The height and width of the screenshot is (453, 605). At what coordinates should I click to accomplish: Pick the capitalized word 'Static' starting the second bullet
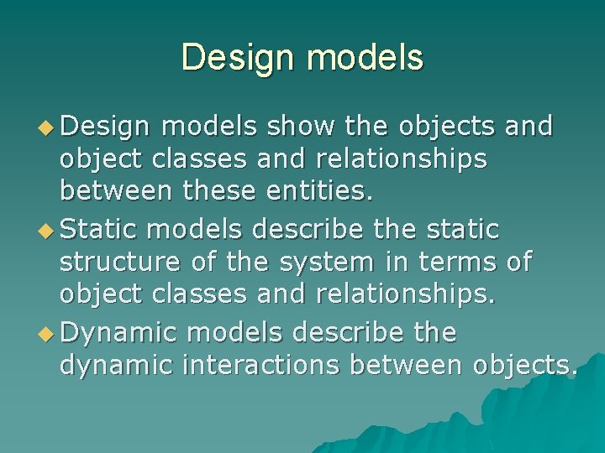pos(106,229)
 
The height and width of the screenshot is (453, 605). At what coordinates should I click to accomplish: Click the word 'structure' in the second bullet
pos(119,263)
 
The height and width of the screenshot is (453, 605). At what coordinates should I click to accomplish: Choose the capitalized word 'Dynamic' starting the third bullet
pos(118,332)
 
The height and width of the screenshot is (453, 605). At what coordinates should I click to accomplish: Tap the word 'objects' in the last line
pos(523,367)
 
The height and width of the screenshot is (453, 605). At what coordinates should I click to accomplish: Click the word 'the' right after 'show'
pos(366,126)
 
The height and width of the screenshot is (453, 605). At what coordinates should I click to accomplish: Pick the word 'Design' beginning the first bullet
pos(106,126)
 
